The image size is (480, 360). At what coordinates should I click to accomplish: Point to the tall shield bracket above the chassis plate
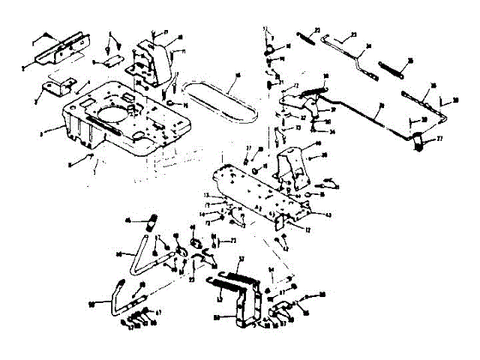pos(154,59)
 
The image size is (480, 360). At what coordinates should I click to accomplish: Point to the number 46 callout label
pos(127,220)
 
